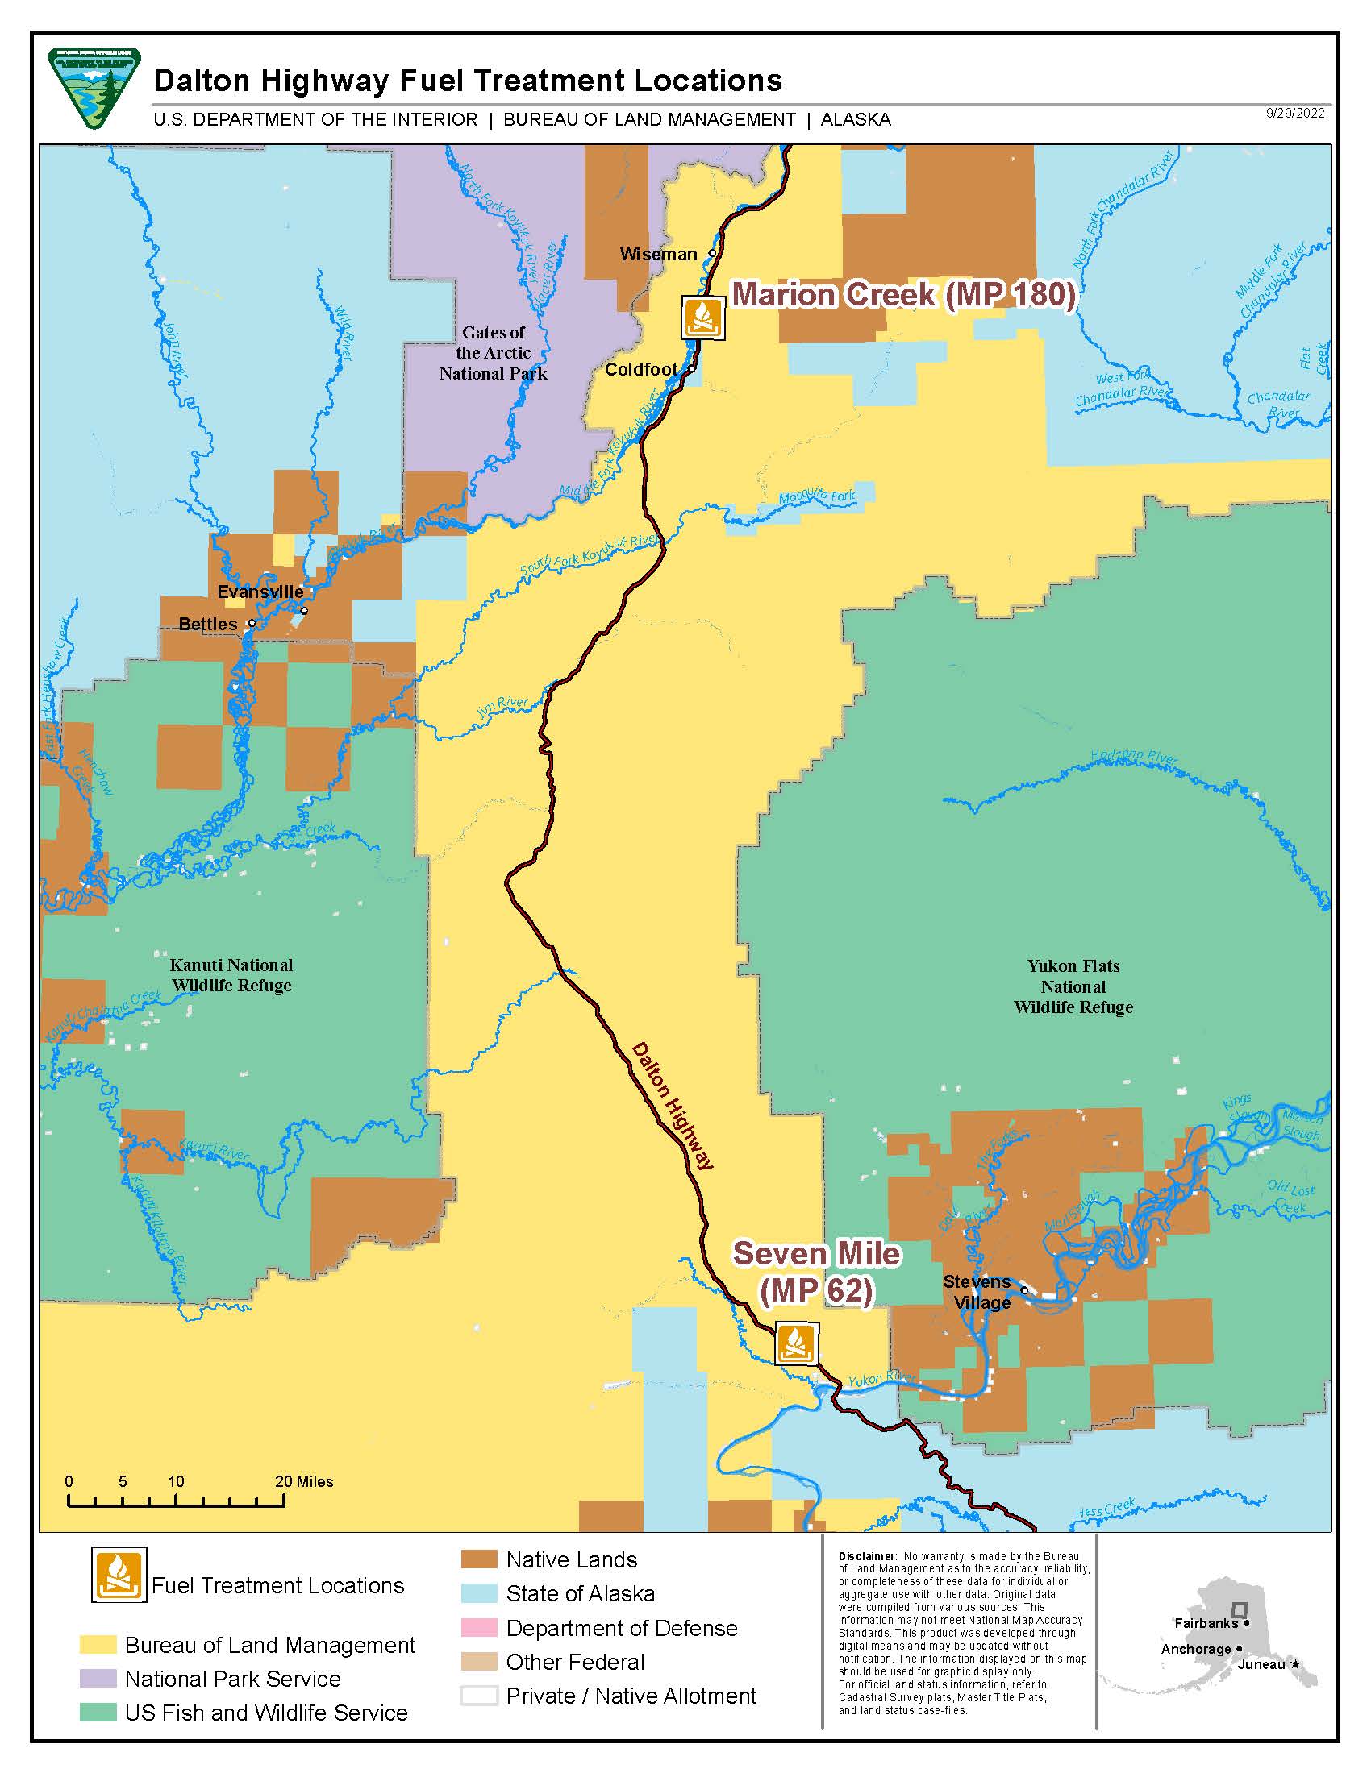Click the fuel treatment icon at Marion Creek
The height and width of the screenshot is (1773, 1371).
702,317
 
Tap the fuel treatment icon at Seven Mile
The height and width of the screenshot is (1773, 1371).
796,1343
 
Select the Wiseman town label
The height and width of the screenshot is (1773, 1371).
658,254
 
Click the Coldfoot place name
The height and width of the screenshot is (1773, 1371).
641,369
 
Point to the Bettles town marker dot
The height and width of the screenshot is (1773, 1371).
252,624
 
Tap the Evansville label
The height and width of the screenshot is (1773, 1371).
260,592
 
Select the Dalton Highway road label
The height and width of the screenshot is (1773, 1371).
672,1105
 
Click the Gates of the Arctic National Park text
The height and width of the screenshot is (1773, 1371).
493,353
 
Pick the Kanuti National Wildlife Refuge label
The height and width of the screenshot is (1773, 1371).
231,975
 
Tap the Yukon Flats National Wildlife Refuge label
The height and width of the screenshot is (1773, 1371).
1073,986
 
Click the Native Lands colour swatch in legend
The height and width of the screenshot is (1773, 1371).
478,1560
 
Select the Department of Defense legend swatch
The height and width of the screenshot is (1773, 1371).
478,1628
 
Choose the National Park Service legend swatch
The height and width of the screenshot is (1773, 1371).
98,1678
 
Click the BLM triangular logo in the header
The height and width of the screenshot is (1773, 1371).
94,87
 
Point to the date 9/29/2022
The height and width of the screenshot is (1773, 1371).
1294,113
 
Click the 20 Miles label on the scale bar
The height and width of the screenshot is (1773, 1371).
304,1481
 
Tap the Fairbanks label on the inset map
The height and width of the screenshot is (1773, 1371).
1206,1623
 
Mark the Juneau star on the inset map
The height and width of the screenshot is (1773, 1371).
1295,1664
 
